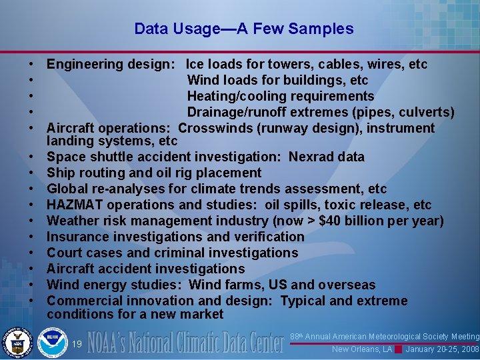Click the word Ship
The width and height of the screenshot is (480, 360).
pyautogui.click(x=61, y=173)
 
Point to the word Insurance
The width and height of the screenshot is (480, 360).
pyautogui.click(x=77, y=237)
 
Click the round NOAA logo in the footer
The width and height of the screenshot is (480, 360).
pyautogui.click(x=53, y=342)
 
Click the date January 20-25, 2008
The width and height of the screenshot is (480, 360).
pyautogui.click(x=441, y=349)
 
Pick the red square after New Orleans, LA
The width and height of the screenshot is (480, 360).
pyautogui.click(x=397, y=349)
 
